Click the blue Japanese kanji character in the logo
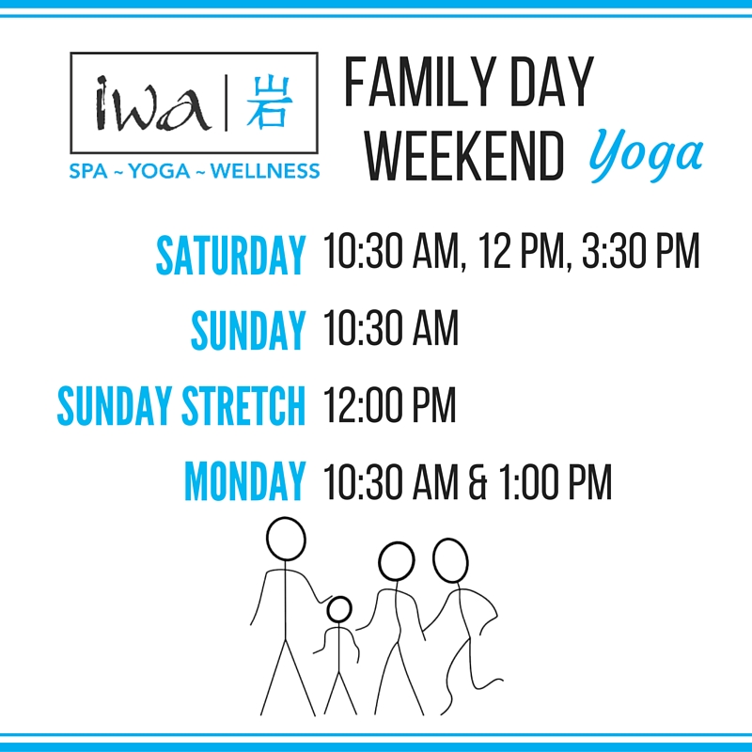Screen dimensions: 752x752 (269, 102)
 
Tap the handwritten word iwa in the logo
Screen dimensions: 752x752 (152, 103)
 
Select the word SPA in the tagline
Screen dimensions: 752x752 (88, 171)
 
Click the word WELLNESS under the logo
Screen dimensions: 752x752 (265, 171)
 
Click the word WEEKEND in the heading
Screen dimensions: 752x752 (463, 156)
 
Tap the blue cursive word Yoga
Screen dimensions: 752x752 (646, 154)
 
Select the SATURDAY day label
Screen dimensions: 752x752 (230, 255)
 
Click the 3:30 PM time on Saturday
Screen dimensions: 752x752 (641, 250)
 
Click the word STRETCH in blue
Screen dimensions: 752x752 (243, 406)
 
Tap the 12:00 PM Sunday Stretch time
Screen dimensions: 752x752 (389, 404)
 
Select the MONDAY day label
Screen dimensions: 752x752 (245, 481)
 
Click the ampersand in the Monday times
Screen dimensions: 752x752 (478, 481)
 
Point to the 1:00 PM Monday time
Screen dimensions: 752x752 (555, 481)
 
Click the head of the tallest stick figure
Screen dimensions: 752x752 (286, 539)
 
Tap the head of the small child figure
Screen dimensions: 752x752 (339, 609)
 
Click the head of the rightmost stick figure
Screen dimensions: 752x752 (450, 560)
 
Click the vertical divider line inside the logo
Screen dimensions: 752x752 (227, 102)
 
